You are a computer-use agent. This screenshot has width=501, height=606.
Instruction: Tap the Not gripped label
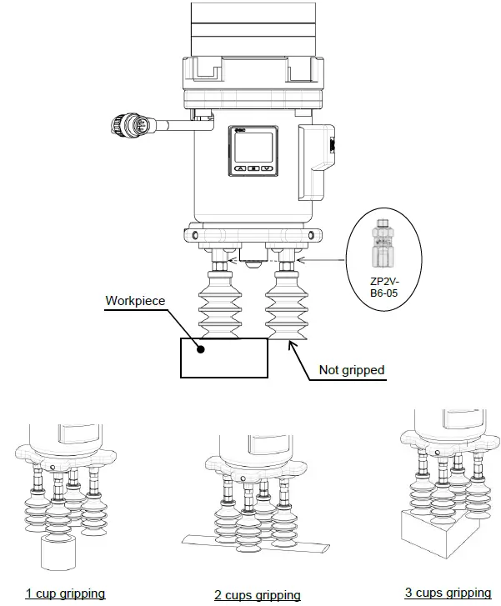353,369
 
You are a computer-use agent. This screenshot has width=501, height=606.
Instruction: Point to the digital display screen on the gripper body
253,148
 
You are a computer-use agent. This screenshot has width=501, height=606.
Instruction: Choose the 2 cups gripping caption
258,594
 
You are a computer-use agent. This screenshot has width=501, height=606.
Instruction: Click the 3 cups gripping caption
448,593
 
